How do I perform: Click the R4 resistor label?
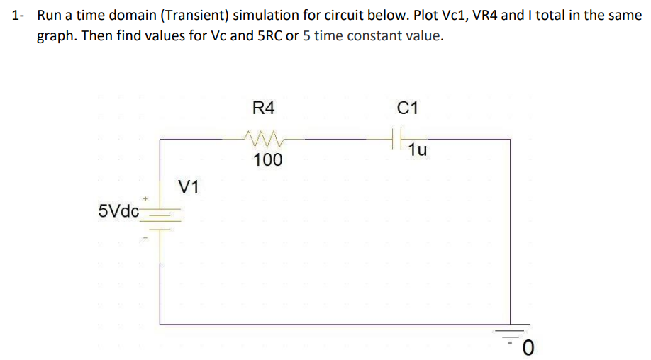coord(262,108)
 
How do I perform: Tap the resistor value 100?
coord(267,160)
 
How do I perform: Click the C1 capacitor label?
coord(408,108)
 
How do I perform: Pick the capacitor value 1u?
coord(418,150)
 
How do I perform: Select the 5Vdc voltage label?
coord(119,210)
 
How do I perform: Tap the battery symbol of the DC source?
coord(160,218)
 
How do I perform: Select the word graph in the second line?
coord(55,37)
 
